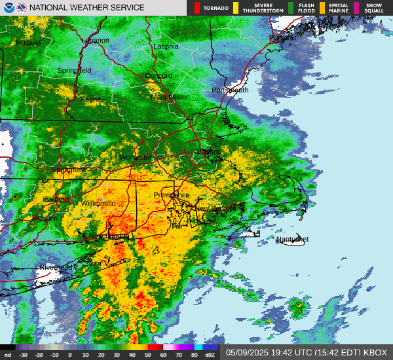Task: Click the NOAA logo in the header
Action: click(8, 7)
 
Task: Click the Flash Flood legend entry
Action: click(305, 8)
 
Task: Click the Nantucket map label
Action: click(292, 240)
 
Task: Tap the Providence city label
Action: click(172, 195)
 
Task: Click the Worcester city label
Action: click(135, 158)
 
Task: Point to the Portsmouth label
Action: click(230, 90)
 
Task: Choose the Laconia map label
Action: click(166, 47)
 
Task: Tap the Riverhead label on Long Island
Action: click(56, 268)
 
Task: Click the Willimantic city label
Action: click(98, 204)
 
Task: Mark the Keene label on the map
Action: click(90, 99)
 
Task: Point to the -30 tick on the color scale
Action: click(24, 355)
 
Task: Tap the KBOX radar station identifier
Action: click(374, 352)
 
